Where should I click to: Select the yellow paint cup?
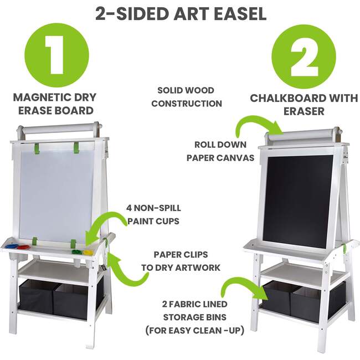(x=88, y=252)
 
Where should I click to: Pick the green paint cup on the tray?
(x=76, y=252)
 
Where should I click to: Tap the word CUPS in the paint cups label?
(x=169, y=221)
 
